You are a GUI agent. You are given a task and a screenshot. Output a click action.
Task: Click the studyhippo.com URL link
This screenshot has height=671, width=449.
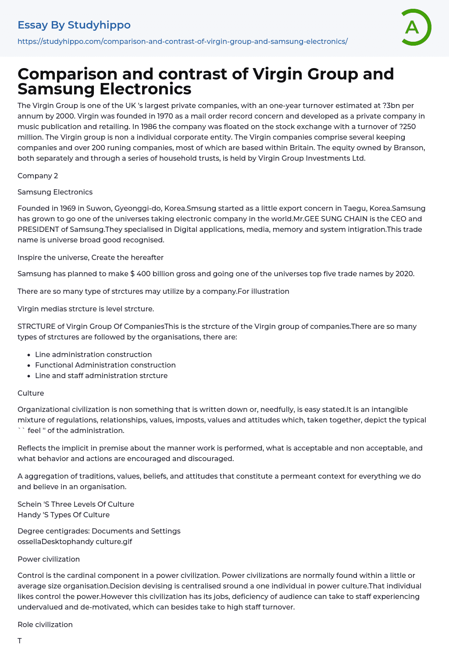coord(182,41)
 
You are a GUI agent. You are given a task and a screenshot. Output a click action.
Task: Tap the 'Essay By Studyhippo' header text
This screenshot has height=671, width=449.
coord(74,25)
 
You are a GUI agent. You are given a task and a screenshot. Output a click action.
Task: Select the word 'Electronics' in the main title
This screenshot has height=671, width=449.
coord(145,89)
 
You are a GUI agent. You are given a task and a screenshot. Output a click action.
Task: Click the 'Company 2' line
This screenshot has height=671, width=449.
coord(38,176)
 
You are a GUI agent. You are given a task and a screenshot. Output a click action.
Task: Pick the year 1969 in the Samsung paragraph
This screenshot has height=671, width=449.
coord(60,208)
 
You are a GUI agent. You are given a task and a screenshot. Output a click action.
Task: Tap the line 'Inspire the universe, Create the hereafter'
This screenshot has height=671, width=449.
coord(90,257)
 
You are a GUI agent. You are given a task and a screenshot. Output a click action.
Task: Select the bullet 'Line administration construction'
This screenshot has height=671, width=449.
coord(93,354)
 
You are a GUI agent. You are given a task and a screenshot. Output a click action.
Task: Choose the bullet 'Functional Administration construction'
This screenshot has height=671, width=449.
coord(105,365)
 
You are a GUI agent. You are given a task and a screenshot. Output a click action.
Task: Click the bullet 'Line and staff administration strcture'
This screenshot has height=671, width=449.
coord(101,375)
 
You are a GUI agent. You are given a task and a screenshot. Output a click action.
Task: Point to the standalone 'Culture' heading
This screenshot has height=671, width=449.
coord(31,393)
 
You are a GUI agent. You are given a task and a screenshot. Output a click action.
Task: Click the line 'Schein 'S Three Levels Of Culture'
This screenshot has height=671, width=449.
coord(76,504)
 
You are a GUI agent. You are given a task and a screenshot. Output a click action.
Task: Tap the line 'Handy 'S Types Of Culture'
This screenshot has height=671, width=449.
coord(64,515)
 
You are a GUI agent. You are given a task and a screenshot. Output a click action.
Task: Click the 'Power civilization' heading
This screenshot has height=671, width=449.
coord(49,559)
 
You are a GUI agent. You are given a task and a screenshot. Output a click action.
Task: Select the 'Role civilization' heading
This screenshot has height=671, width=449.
coord(45,624)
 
